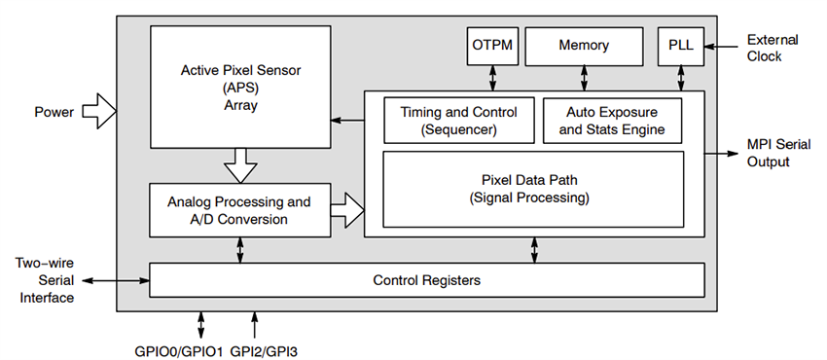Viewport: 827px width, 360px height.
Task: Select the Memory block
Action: pyautogui.click(x=584, y=46)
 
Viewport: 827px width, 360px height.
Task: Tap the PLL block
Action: pyautogui.click(x=680, y=46)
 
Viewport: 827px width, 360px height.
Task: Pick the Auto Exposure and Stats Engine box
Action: pyautogui.click(x=610, y=120)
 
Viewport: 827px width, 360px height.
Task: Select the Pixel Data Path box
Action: pyautogui.click(x=534, y=189)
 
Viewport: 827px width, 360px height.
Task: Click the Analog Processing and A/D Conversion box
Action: pyautogui.click(x=239, y=210)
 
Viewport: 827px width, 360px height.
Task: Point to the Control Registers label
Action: pyautogui.click(x=426, y=280)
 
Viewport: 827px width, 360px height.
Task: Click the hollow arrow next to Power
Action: pyautogui.click(x=98, y=112)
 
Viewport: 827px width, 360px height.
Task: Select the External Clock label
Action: pyautogui.click(x=772, y=48)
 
